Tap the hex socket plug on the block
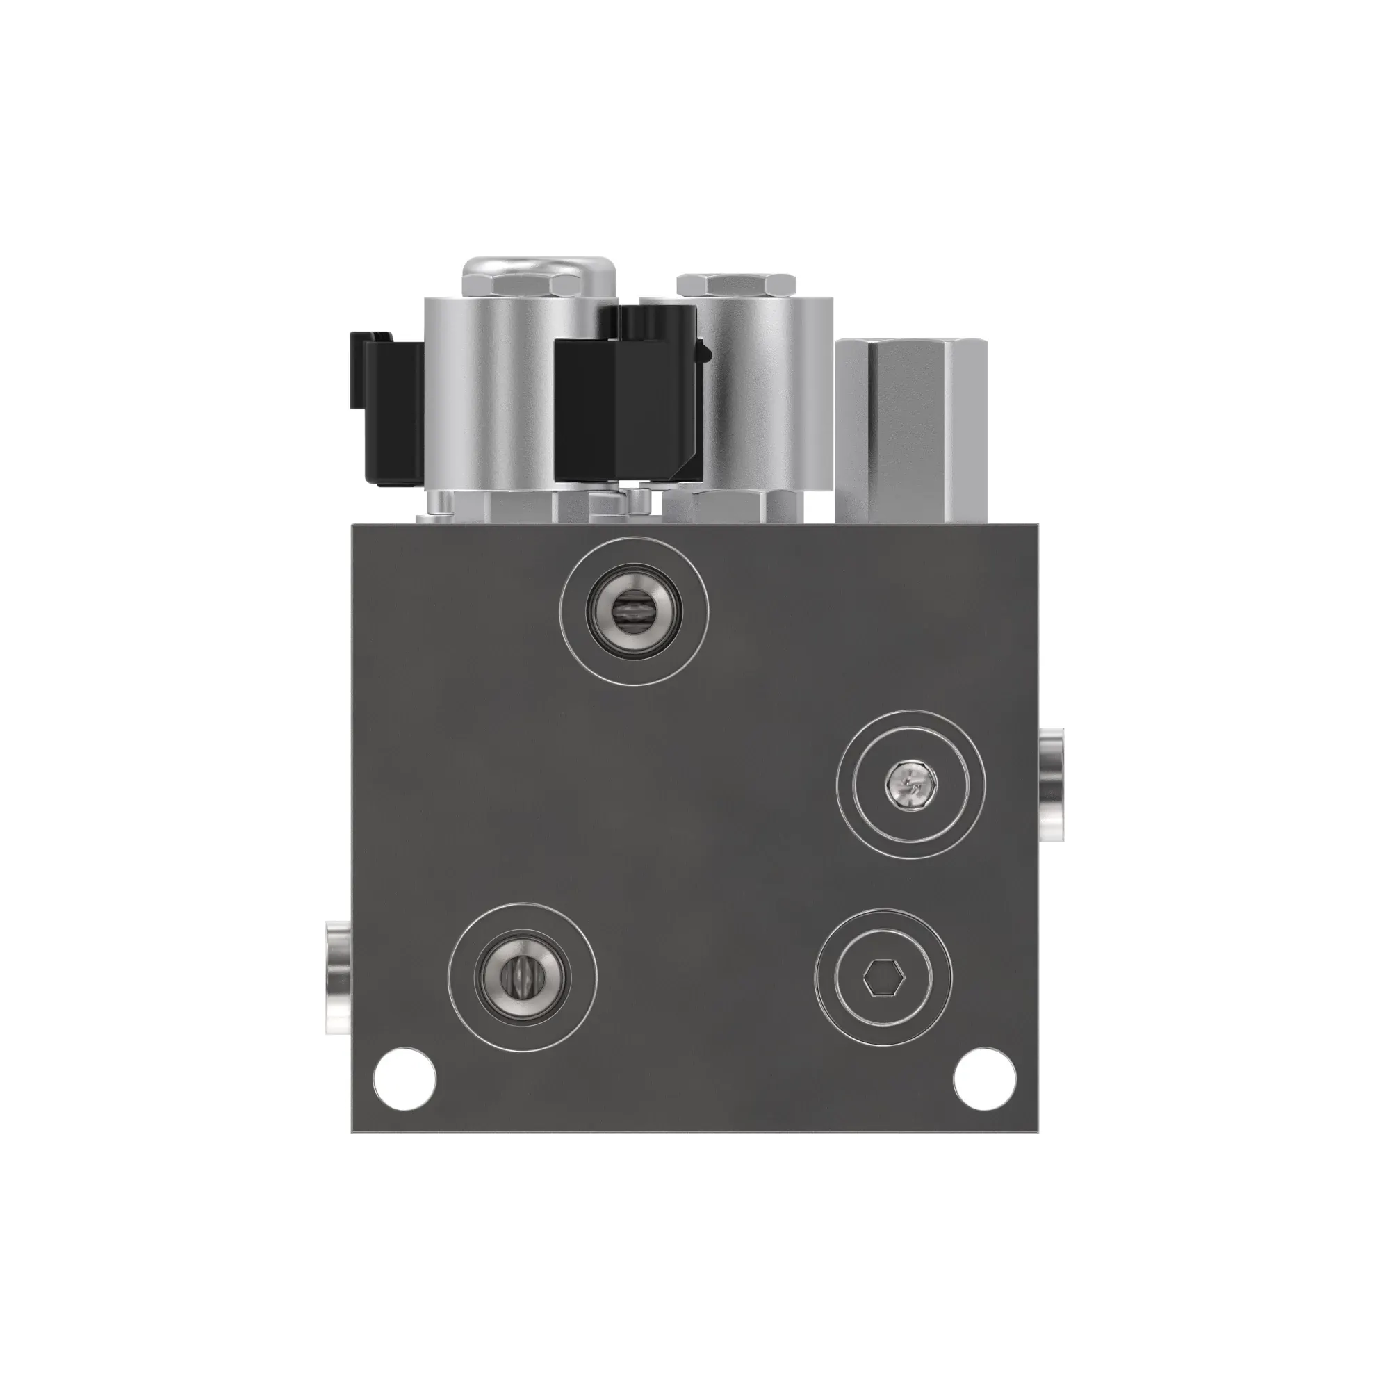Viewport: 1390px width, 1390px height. coord(883,978)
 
